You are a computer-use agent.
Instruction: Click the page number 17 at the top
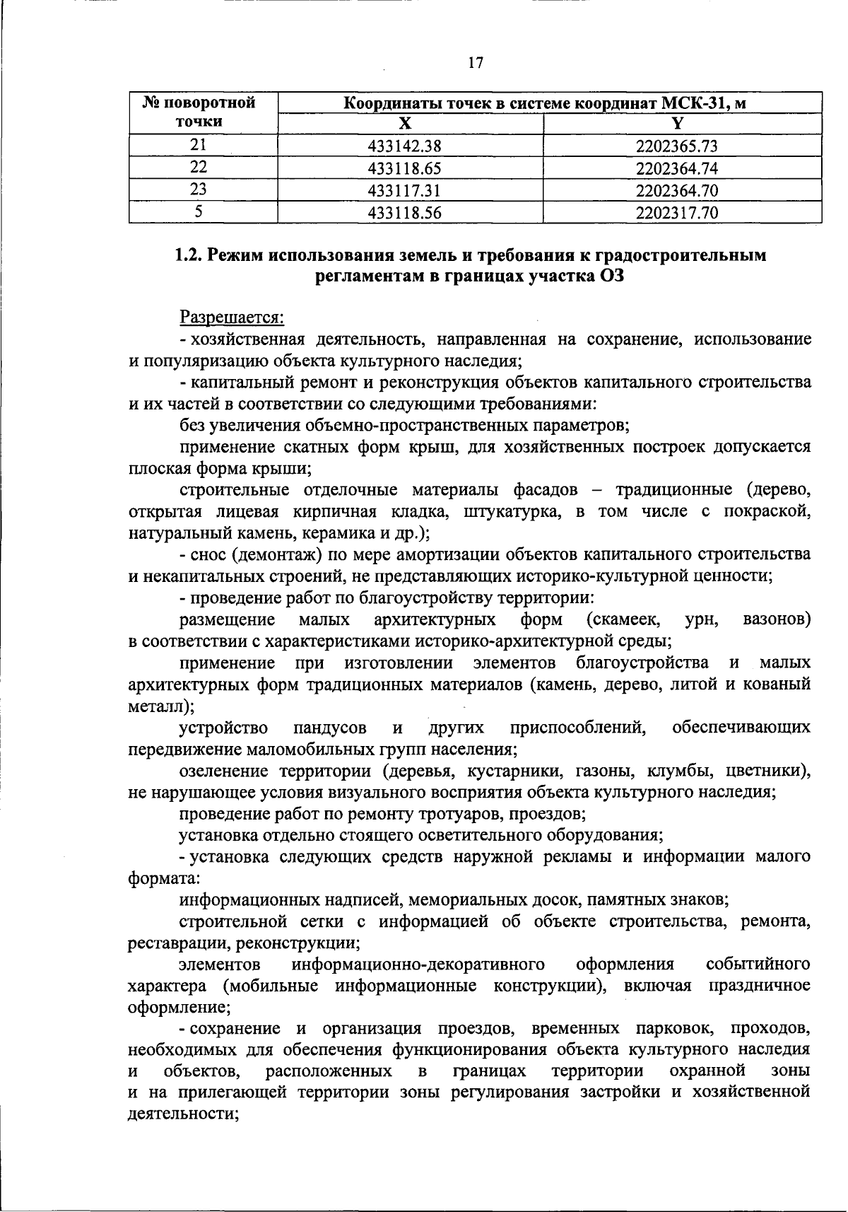coord(475,63)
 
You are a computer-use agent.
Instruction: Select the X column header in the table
coord(404,123)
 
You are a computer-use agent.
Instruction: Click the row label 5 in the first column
coord(199,211)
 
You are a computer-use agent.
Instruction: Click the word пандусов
coord(330,728)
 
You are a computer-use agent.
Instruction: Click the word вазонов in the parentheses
coord(775,620)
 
